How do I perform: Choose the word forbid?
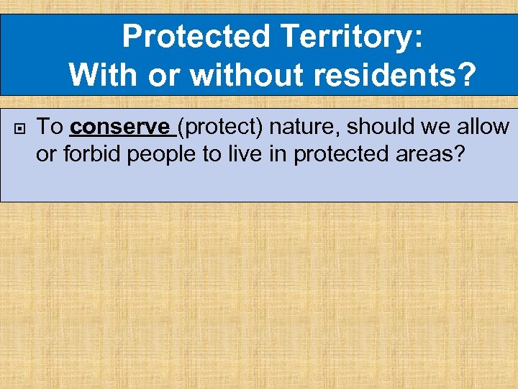click(x=91, y=153)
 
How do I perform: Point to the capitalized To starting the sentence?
click(x=50, y=128)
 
